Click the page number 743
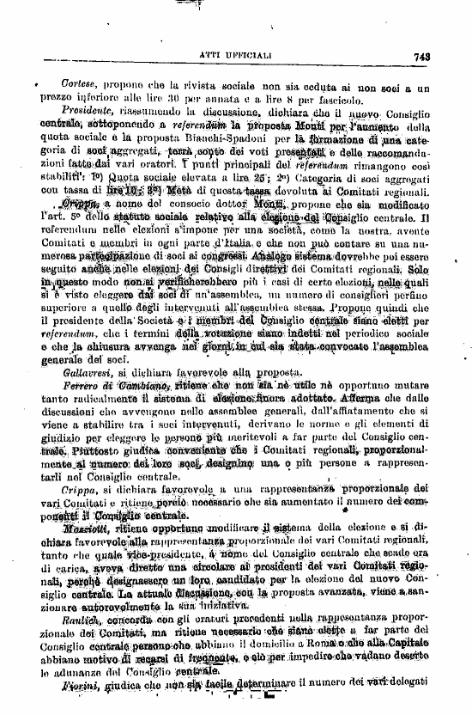[421, 57]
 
